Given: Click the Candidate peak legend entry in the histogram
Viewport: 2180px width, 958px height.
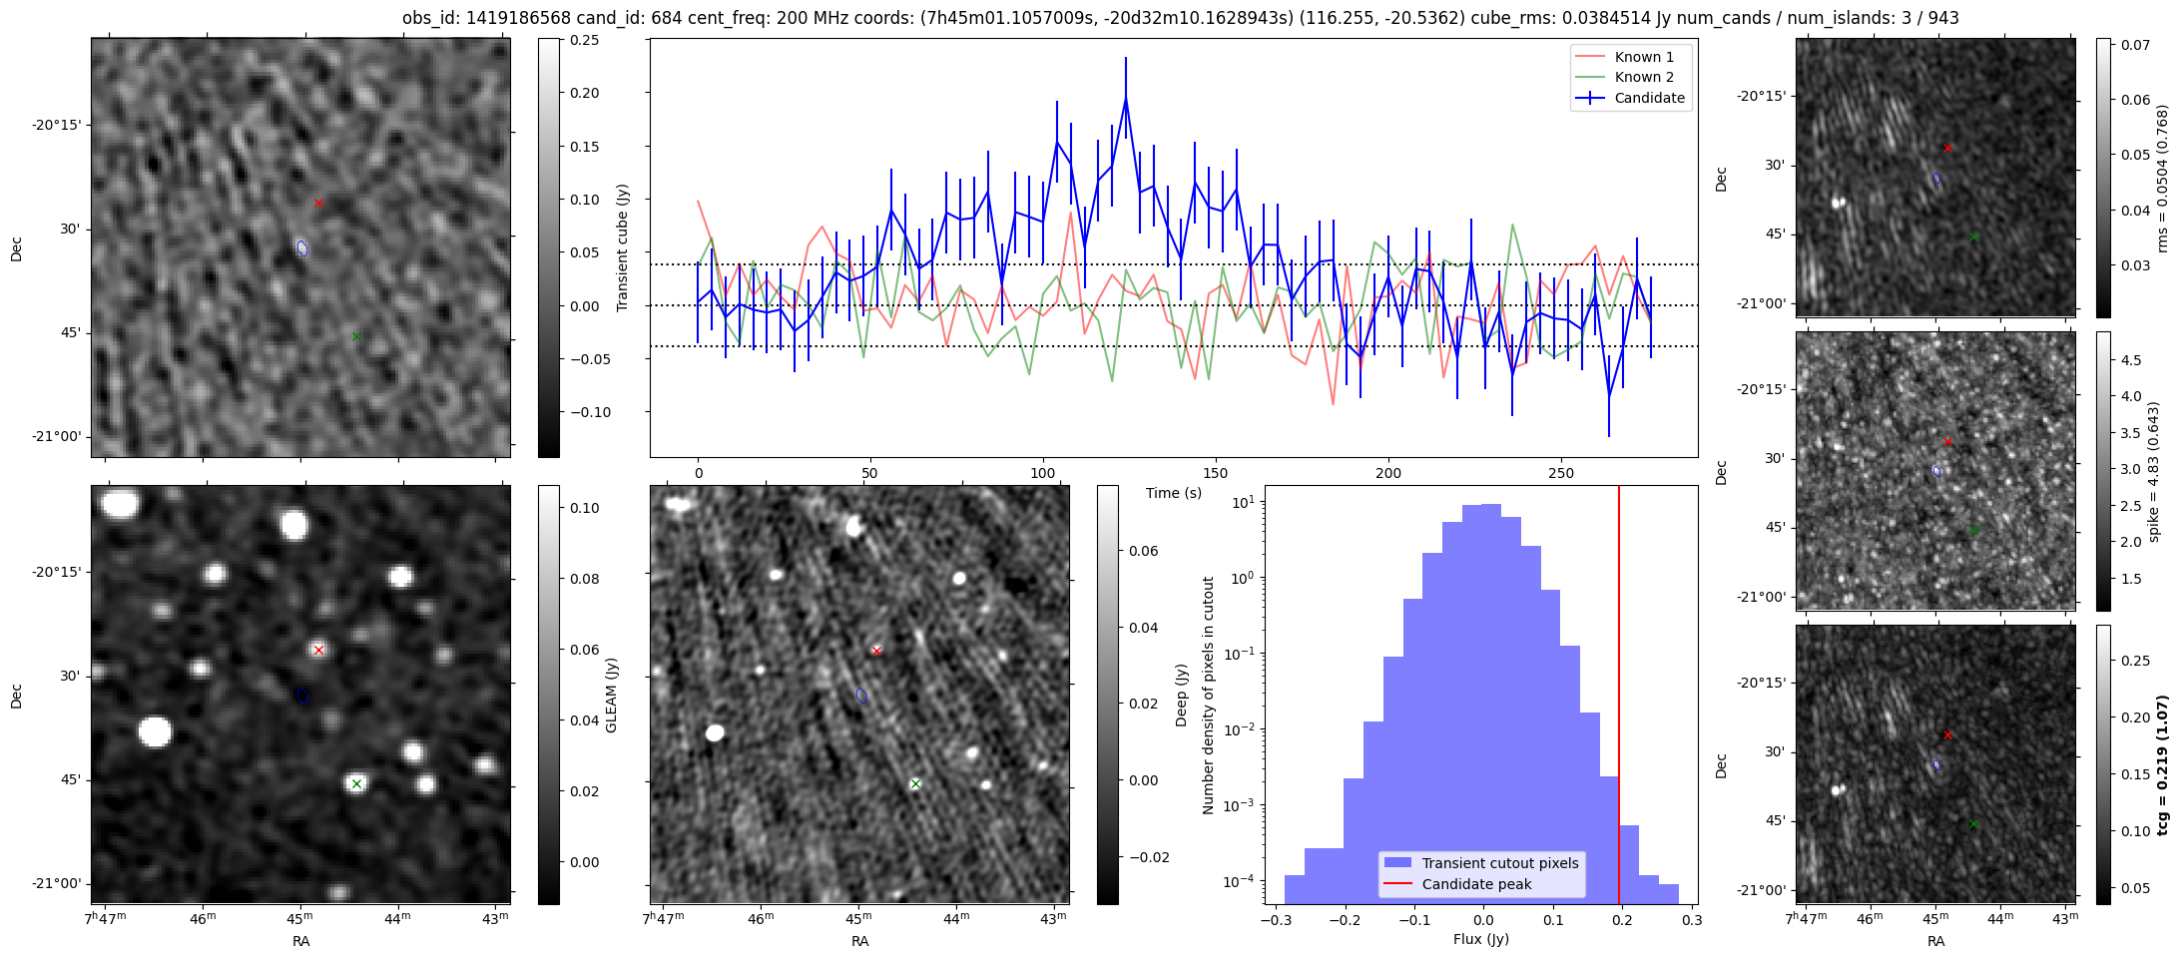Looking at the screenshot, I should (x=1476, y=884).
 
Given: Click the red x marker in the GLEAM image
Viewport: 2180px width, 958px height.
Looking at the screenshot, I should (x=318, y=650).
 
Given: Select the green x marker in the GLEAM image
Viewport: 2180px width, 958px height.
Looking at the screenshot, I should (x=356, y=783).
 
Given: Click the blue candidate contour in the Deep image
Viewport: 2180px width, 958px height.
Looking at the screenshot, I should (x=861, y=696).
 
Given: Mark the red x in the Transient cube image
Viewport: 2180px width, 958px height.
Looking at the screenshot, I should (x=318, y=203).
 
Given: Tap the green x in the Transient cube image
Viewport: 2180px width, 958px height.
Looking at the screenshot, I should (x=356, y=337).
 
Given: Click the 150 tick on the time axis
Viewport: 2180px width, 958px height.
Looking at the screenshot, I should (x=1216, y=473).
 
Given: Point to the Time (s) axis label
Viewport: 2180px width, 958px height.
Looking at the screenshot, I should (x=1174, y=493).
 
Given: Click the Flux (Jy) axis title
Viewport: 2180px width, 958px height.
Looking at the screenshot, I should (x=1481, y=939).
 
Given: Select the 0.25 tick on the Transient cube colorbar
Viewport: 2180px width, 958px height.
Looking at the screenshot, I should (x=584, y=40).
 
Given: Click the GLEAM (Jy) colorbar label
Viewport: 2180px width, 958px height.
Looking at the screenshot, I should (x=611, y=695).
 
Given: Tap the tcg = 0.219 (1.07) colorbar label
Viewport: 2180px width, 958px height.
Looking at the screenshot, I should (x=2162, y=764).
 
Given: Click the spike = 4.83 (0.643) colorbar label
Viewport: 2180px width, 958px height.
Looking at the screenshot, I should (x=2154, y=471).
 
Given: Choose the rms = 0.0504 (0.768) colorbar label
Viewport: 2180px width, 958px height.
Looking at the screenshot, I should (x=2162, y=178).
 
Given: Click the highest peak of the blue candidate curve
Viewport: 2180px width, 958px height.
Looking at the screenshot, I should (x=1125, y=98).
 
